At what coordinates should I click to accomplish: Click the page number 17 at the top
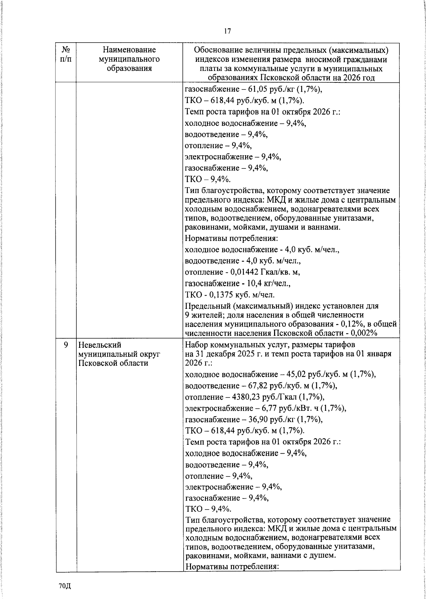click(x=227, y=31)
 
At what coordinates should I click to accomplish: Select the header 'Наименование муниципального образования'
click(x=130, y=59)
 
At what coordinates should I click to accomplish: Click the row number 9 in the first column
click(x=66, y=345)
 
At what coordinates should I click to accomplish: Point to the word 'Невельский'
click(x=100, y=345)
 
